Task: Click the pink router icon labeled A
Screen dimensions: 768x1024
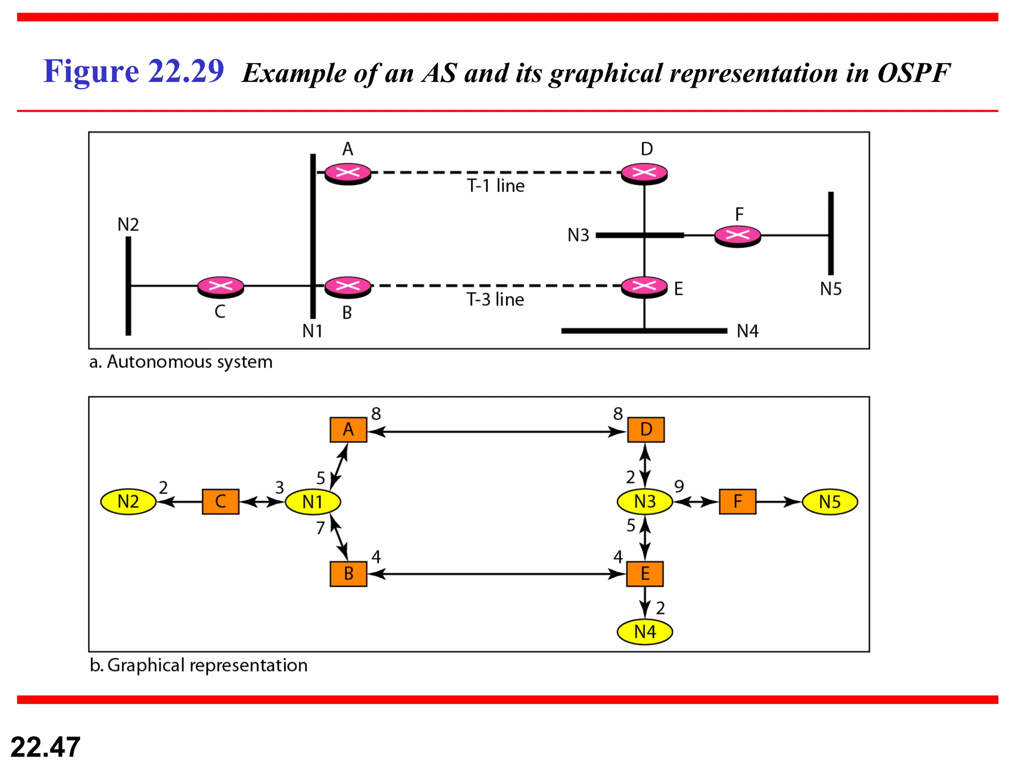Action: [x=347, y=173]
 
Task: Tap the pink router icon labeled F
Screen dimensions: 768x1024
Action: [x=737, y=235]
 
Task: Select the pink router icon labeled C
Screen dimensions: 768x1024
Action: [x=220, y=286]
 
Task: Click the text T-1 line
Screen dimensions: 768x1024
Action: [x=495, y=186]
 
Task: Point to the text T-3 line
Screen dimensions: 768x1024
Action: [x=495, y=299]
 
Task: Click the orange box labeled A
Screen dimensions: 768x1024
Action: [x=348, y=429]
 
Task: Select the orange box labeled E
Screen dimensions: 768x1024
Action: [x=644, y=573]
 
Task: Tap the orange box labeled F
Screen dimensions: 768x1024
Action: [x=737, y=501]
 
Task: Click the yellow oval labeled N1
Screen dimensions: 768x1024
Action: [x=313, y=501]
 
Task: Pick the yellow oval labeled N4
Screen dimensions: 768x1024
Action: [x=644, y=631]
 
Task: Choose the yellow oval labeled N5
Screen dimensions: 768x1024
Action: [x=829, y=501]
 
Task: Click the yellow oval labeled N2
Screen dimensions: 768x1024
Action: [x=128, y=501]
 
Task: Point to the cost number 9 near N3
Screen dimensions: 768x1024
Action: [x=679, y=486]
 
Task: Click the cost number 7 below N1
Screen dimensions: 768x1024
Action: [x=320, y=528]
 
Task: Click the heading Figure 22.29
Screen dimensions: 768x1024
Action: [x=133, y=71]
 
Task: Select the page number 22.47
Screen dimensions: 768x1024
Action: [x=45, y=747]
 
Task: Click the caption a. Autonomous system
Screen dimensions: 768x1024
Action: [x=180, y=361]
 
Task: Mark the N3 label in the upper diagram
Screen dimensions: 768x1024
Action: [x=578, y=235]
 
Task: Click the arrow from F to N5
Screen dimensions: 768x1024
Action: [x=778, y=501]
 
